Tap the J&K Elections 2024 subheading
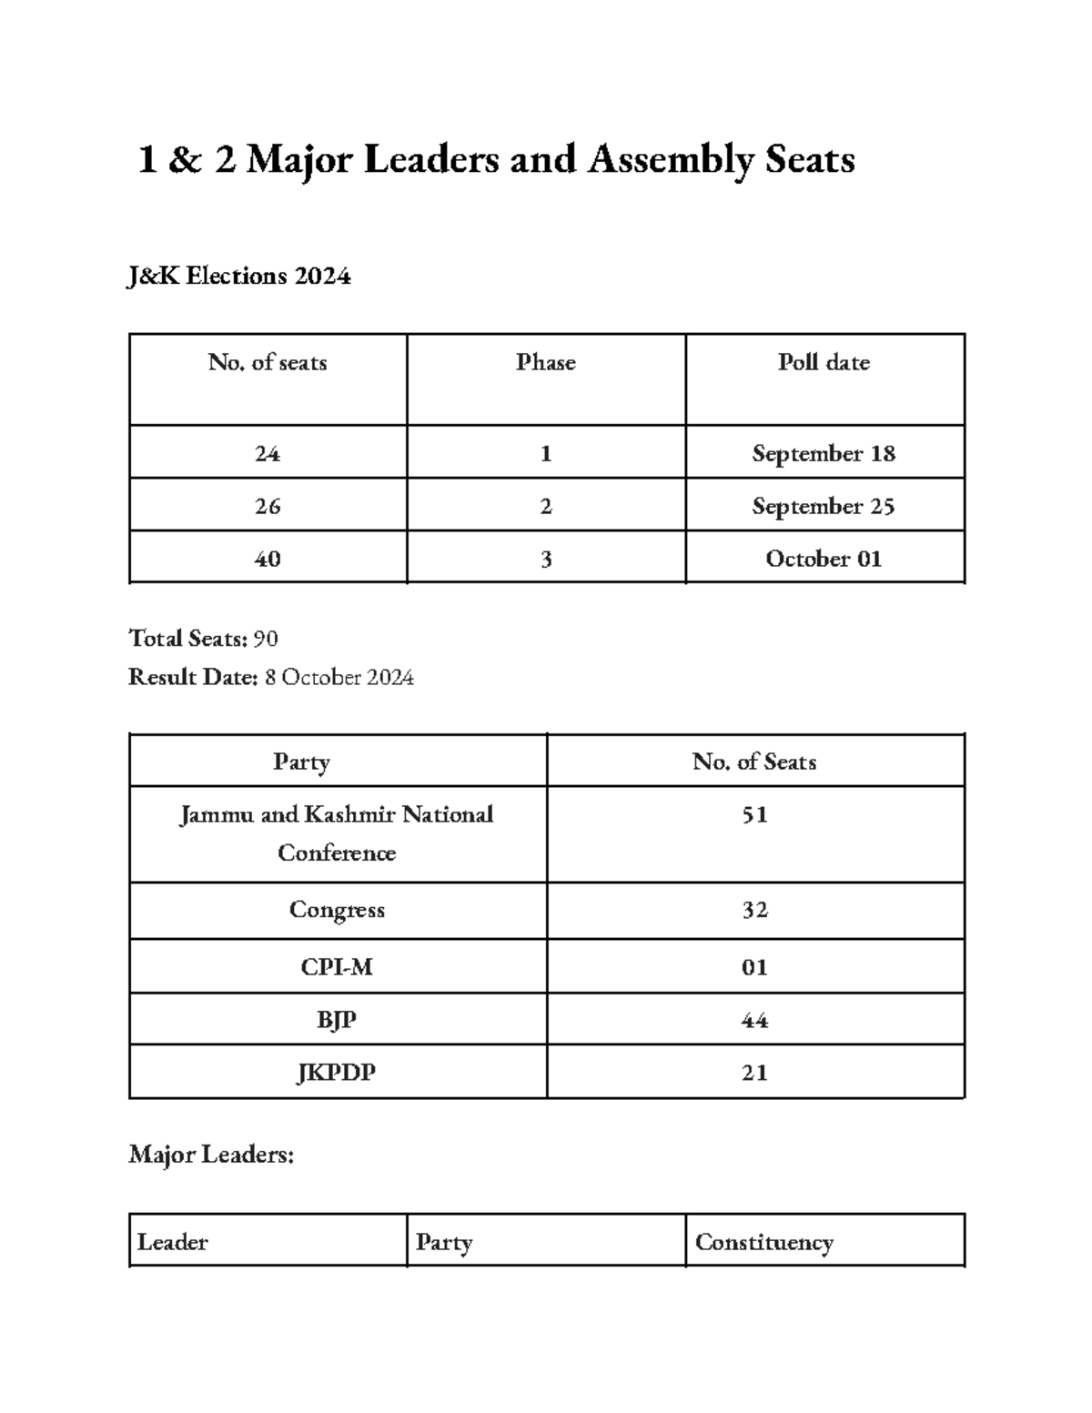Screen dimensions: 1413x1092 239,276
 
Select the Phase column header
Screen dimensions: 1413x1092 545,362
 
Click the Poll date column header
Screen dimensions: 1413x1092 824,362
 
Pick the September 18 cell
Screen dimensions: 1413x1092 824,453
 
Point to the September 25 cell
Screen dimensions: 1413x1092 824,506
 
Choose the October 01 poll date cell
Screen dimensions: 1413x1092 824,559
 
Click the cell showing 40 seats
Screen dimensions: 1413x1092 268,559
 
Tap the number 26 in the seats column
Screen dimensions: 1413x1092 268,506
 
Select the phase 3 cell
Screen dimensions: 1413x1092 545,559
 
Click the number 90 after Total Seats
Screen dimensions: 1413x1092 266,639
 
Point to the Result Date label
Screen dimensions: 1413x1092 193,677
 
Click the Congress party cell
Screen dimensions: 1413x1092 337,910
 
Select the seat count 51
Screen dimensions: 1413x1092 754,814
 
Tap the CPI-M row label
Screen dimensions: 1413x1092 337,967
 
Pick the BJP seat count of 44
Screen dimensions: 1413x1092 754,1020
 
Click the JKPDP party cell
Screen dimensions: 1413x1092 337,1073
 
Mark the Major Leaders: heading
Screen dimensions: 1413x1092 211,1155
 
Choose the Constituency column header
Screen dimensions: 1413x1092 763,1242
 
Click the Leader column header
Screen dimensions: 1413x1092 172,1242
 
